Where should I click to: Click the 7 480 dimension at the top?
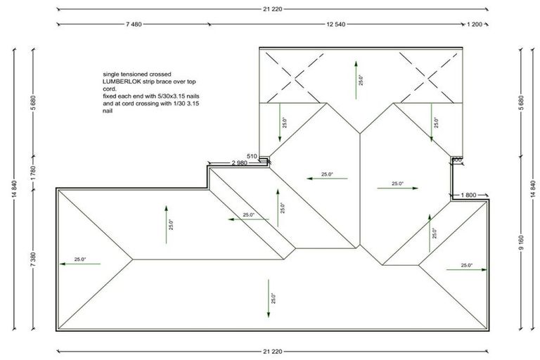[x=134, y=24]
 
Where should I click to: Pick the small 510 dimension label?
[x=252, y=155]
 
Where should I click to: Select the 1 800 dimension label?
[x=470, y=194]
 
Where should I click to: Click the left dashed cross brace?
[x=288, y=75]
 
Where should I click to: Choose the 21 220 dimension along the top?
[x=271, y=10]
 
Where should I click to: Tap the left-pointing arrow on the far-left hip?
[x=79, y=264]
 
